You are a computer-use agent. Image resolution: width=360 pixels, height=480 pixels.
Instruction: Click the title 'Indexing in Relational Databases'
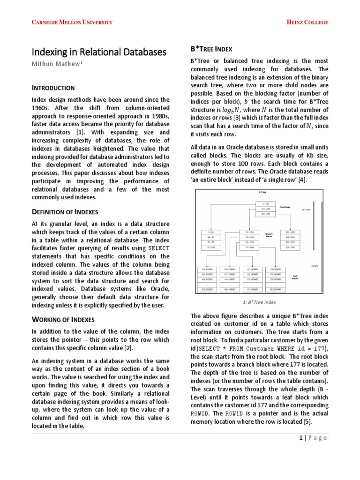coord(98,52)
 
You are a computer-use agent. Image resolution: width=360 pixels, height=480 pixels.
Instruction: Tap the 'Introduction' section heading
coord(53,88)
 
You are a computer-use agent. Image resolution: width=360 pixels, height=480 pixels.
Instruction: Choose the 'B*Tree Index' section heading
coord(211,49)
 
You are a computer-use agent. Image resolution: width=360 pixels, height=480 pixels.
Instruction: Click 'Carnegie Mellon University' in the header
coord(72,22)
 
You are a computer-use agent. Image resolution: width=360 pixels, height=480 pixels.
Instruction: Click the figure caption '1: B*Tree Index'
coord(259,302)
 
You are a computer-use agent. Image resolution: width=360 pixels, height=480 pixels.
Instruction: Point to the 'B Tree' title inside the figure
coord(262,193)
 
